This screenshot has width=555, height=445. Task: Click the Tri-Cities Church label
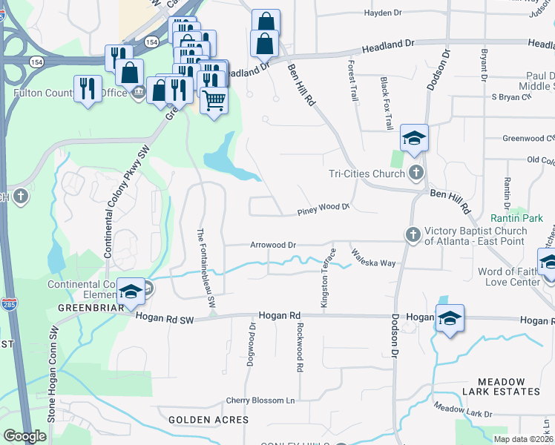pyautogui.click(x=367, y=174)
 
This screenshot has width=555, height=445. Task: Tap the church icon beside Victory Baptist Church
pyautogui.click(x=414, y=234)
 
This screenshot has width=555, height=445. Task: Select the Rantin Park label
pyautogui.click(x=516, y=218)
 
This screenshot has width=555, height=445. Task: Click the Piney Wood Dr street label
pyautogui.click(x=323, y=210)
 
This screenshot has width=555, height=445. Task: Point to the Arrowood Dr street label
pyautogui.click(x=273, y=244)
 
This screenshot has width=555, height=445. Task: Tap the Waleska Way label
pyautogui.click(x=374, y=258)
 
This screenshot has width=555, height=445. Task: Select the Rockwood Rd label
pyautogui.click(x=300, y=346)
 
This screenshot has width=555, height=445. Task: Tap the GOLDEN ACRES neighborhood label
pyautogui.click(x=208, y=420)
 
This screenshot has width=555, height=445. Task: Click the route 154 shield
pyautogui.click(x=151, y=42)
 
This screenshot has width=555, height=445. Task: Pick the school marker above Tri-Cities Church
pyautogui.click(x=415, y=138)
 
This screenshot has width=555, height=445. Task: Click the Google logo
pyautogui.click(x=24, y=436)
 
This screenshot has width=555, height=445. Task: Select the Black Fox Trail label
pyautogui.click(x=387, y=103)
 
